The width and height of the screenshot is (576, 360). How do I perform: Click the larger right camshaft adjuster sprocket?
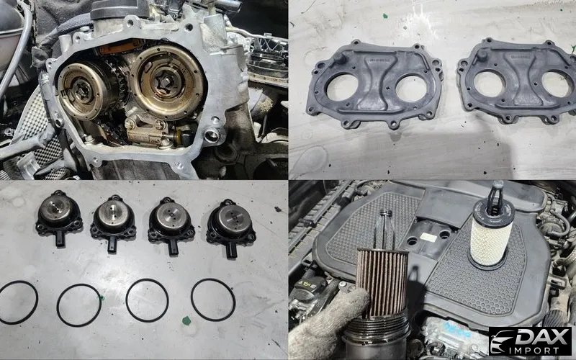pyautogui.click(x=168, y=81)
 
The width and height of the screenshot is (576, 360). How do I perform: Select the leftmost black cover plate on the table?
pyautogui.click(x=374, y=84)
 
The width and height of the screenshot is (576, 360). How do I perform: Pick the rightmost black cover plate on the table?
pyautogui.click(x=517, y=81)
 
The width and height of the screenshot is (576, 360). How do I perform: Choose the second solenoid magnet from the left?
pyautogui.click(x=113, y=222)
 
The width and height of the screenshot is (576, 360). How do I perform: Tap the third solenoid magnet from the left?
pyautogui.click(x=171, y=225)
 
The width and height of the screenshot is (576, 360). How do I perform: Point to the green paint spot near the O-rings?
pyautogui.click(x=186, y=320)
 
